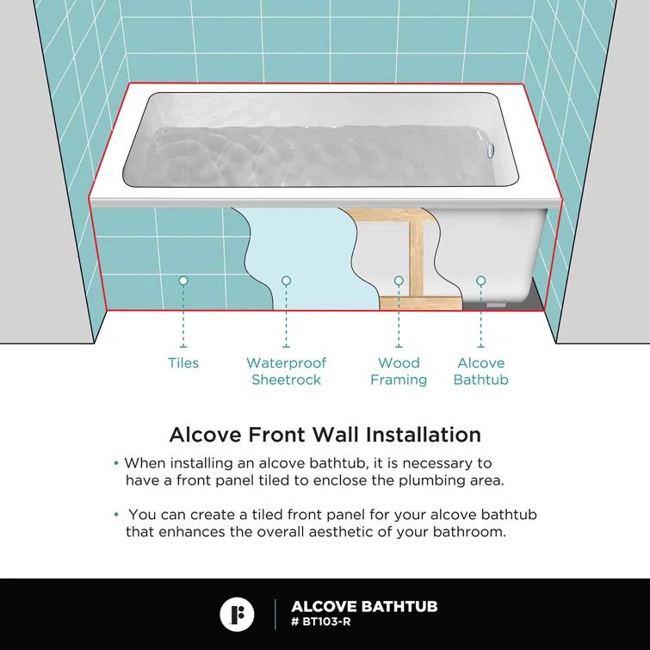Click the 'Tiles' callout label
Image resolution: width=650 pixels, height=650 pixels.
[x=183, y=363]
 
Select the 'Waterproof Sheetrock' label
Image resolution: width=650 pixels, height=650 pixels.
[x=287, y=371]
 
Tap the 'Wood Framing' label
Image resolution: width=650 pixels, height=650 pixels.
[x=399, y=371]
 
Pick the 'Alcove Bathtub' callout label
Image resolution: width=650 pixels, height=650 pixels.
[x=480, y=371]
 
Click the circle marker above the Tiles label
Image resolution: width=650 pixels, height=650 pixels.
[x=183, y=281]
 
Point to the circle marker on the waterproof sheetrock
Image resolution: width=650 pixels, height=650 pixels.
[x=287, y=281]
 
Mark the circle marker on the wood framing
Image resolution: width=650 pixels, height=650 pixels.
[x=399, y=281]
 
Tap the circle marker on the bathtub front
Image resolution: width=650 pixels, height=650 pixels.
[x=480, y=281]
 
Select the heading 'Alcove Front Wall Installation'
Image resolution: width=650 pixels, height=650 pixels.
[x=325, y=433]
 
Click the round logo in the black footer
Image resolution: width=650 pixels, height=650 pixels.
[x=238, y=614]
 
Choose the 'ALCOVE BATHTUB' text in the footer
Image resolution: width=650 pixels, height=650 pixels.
[x=364, y=607]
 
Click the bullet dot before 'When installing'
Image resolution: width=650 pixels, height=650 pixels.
[x=117, y=463]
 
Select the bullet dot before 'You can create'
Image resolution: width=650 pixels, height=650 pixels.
[x=117, y=515]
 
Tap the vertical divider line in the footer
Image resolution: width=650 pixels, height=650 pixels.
[x=275, y=614]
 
